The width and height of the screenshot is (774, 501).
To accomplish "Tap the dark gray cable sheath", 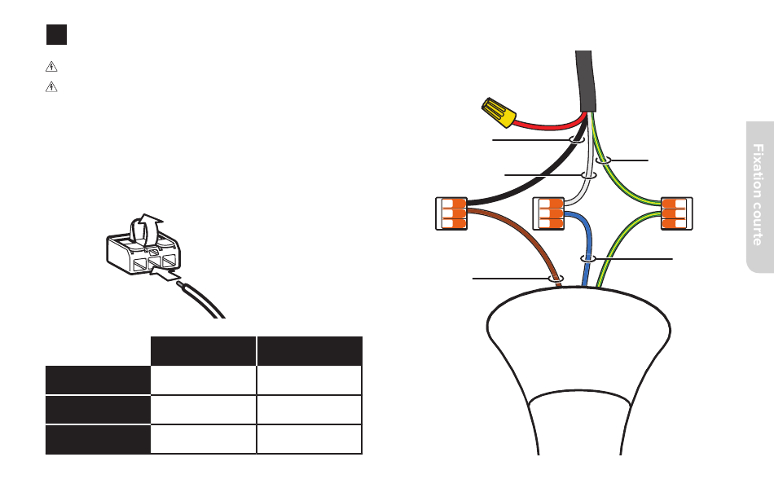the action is pyautogui.click(x=586, y=81).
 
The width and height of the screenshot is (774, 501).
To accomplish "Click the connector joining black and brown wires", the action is pyautogui.click(x=451, y=213).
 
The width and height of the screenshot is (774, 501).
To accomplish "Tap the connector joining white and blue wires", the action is pyautogui.click(x=548, y=213).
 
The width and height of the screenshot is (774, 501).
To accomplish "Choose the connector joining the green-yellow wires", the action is pyautogui.click(x=677, y=213).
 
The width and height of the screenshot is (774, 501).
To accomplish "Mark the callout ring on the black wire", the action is pyautogui.click(x=577, y=139).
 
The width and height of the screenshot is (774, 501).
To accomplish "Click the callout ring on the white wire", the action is pyautogui.click(x=588, y=175).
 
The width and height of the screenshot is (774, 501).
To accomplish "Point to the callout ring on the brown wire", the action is pyautogui.click(x=556, y=279).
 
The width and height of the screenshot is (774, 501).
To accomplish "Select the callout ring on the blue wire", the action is pyautogui.click(x=587, y=258).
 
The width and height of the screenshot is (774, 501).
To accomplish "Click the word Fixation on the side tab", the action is pyautogui.click(x=759, y=167).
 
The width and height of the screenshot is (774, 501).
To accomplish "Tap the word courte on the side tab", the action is pyautogui.click(x=759, y=220).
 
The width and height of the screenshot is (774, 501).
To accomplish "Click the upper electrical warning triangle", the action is pyautogui.click(x=51, y=66).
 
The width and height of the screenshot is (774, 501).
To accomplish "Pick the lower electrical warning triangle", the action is pyautogui.click(x=51, y=87).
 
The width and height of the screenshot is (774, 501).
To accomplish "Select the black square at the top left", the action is pyautogui.click(x=57, y=34).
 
